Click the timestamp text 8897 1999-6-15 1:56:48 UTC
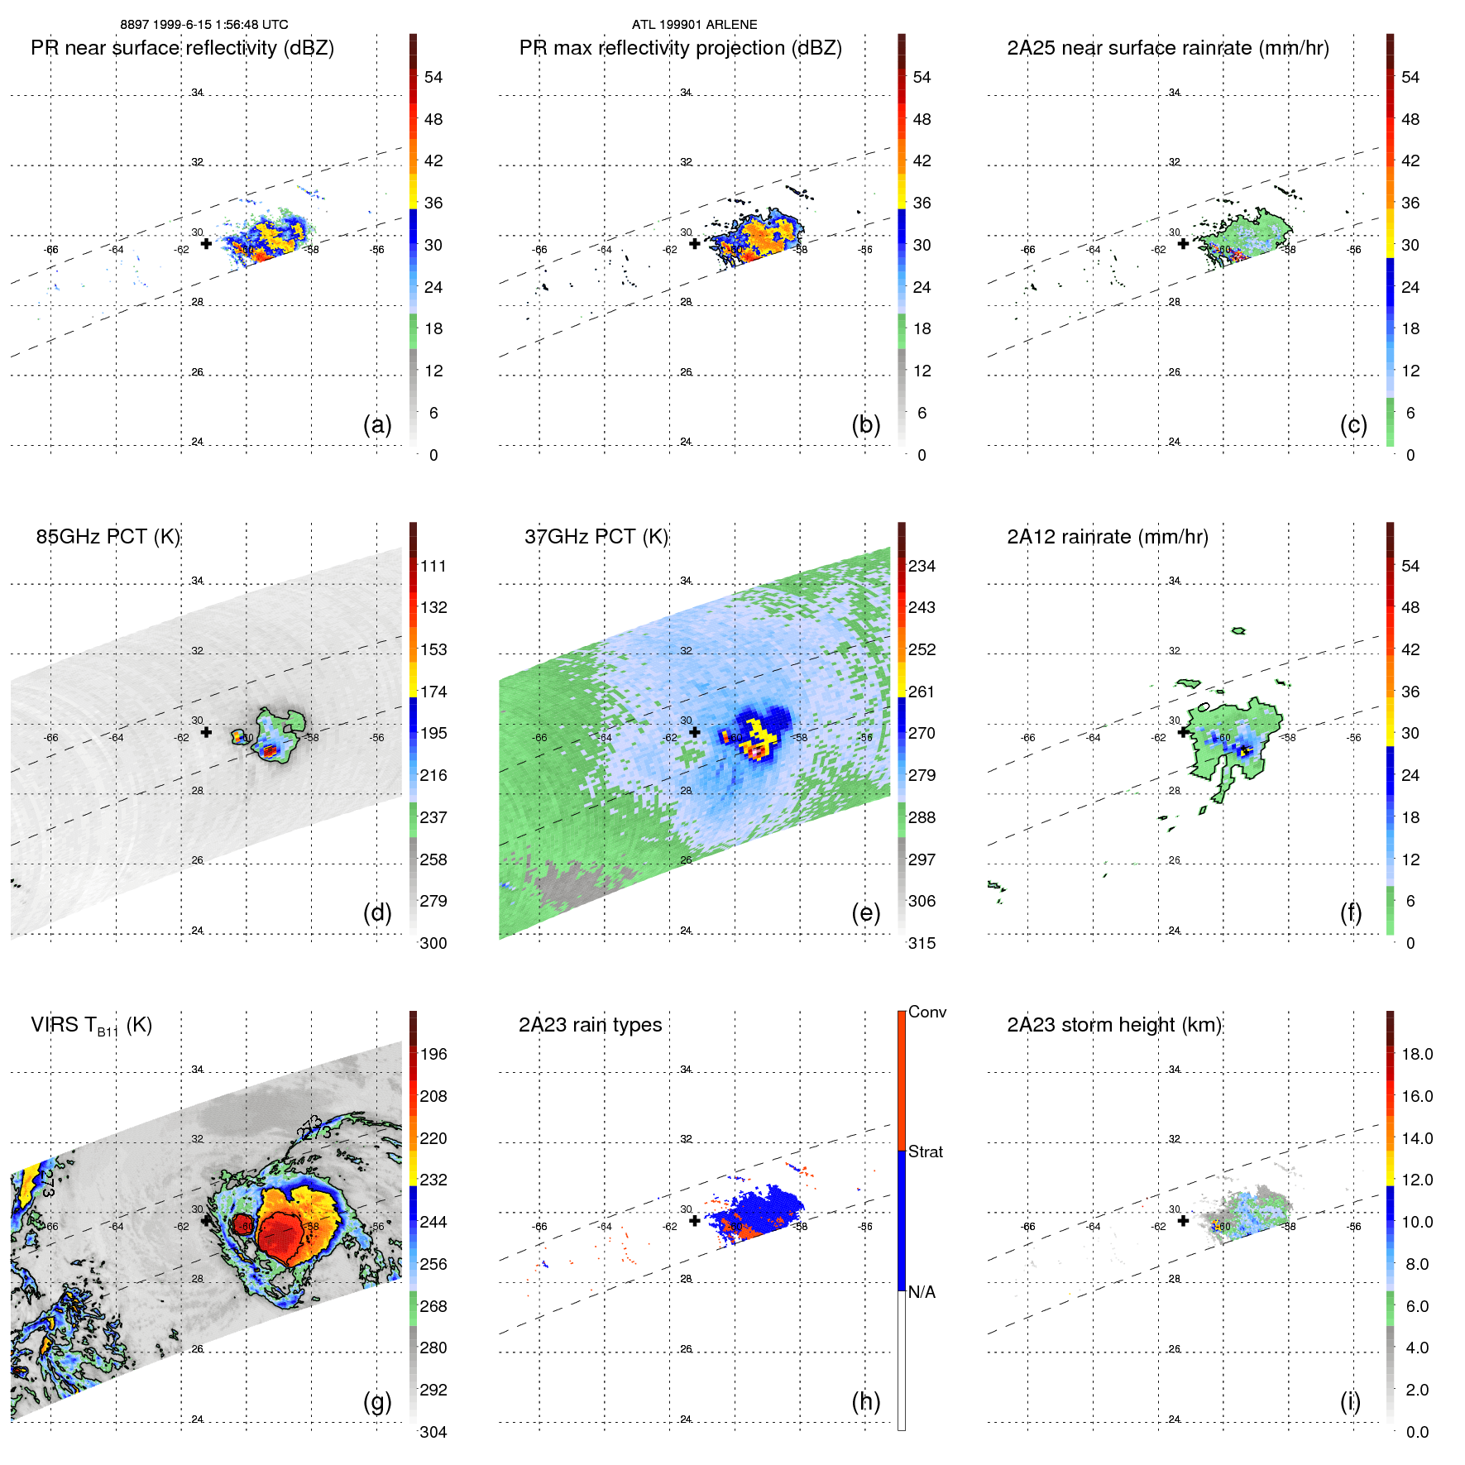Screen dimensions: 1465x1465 [204, 25]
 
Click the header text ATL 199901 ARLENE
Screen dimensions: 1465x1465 [694, 25]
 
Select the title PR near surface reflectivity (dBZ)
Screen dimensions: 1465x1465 [182, 48]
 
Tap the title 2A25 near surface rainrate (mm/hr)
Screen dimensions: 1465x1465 [1167, 48]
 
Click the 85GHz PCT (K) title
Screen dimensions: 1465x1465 [108, 537]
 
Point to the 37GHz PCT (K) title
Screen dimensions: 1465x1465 [596, 537]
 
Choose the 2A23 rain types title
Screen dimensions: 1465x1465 [590, 1025]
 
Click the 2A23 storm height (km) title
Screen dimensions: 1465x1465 [1114, 1025]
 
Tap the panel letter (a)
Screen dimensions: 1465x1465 [377, 424]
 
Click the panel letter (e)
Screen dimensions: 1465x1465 [865, 912]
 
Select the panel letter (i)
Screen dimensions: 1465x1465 [1350, 1401]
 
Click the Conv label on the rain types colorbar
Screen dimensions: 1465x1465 [926, 1012]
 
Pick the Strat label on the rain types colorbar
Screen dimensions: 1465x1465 [925, 1151]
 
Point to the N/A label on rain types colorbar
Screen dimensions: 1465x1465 [922, 1292]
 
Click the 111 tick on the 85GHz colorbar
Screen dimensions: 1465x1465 [433, 566]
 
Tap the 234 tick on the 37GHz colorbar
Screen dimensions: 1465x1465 [922, 566]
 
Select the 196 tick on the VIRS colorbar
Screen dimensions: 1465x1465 [433, 1054]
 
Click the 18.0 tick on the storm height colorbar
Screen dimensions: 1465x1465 [1417, 1054]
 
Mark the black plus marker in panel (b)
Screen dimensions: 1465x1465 [695, 243]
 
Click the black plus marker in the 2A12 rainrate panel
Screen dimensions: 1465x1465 [1183, 732]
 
